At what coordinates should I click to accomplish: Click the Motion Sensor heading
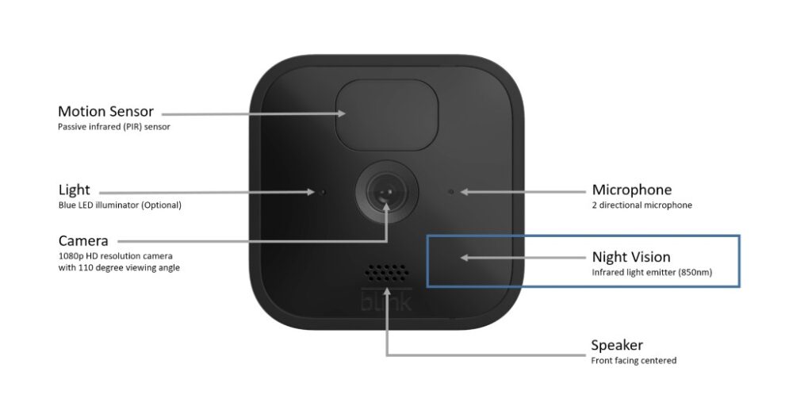(x=105, y=111)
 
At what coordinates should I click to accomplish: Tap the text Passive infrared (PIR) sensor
(x=114, y=126)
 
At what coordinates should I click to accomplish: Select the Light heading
(x=74, y=190)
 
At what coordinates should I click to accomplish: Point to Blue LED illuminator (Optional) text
(x=120, y=205)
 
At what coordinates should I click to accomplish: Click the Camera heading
(x=83, y=241)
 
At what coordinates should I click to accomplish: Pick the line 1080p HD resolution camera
(x=116, y=256)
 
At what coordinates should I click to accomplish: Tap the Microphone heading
(x=632, y=190)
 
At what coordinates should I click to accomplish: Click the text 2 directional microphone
(x=642, y=205)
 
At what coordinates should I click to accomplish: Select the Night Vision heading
(x=631, y=257)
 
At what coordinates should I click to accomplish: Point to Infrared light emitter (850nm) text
(x=652, y=272)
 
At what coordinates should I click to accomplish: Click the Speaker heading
(x=617, y=345)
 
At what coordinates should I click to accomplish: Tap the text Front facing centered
(x=634, y=361)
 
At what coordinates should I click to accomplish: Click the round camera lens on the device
(x=386, y=192)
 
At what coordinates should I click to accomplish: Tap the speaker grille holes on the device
(x=387, y=273)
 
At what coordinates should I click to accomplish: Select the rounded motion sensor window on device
(x=387, y=115)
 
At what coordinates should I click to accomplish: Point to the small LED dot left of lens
(x=323, y=192)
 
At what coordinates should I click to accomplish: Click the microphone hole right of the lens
(x=451, y=192)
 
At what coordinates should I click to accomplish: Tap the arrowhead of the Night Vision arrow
(x=465, y=258)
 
